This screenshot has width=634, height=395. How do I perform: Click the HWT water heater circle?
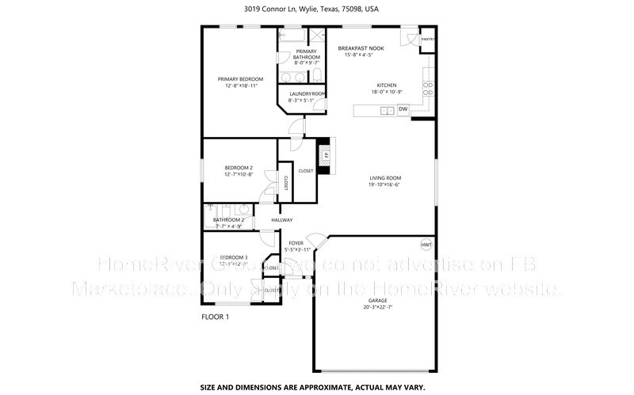click(x=426, y=245)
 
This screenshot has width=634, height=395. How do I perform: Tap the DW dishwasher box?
click(x=403, y=109)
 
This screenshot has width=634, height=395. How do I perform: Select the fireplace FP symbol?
click(x=324, y=152)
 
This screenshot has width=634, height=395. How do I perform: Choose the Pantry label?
click(x=427, y=39)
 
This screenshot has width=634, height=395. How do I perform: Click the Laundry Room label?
click(x=302, y=94)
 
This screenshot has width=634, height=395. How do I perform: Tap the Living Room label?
click(x=384, y=178)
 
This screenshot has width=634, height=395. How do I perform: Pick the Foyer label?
click(x=296, y=243)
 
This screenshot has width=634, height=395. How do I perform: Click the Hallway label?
click(x=282, y=220)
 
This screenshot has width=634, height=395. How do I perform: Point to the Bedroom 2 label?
click(x=238, y=168)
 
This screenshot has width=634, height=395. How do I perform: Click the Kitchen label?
click(x=386, y=85)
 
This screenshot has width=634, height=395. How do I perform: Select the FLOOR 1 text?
click(x=216, y=317)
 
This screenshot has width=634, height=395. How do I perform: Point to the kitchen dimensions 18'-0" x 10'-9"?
click(x=386, y=92)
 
